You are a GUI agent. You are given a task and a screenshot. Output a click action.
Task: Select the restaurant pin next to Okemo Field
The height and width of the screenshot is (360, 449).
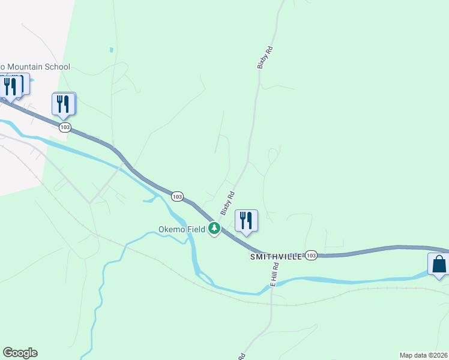pos(246,221)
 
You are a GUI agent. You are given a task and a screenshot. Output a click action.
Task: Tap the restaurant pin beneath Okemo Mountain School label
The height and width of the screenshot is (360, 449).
pos(11,86)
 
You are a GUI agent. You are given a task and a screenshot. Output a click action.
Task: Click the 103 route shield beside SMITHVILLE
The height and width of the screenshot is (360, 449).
pos(311,255)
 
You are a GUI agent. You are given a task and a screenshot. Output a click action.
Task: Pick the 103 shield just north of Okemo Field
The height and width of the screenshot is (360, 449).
pos(177,196)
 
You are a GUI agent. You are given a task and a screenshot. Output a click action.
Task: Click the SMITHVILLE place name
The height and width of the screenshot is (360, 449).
pos(276,256)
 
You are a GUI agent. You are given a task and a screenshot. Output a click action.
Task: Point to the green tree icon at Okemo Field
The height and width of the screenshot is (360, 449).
pos(214,228)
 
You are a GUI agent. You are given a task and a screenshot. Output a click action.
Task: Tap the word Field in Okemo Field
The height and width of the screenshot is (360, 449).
pos(196,229)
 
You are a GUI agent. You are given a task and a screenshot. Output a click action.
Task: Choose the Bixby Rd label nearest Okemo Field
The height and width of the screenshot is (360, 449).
pos(227,203)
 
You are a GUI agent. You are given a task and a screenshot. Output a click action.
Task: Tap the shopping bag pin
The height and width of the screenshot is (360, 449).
pos(439,265)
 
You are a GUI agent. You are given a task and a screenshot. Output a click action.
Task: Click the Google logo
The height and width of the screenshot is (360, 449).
pos(20,353)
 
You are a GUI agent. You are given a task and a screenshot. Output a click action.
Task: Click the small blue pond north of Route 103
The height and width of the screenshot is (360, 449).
pos(111,49)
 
